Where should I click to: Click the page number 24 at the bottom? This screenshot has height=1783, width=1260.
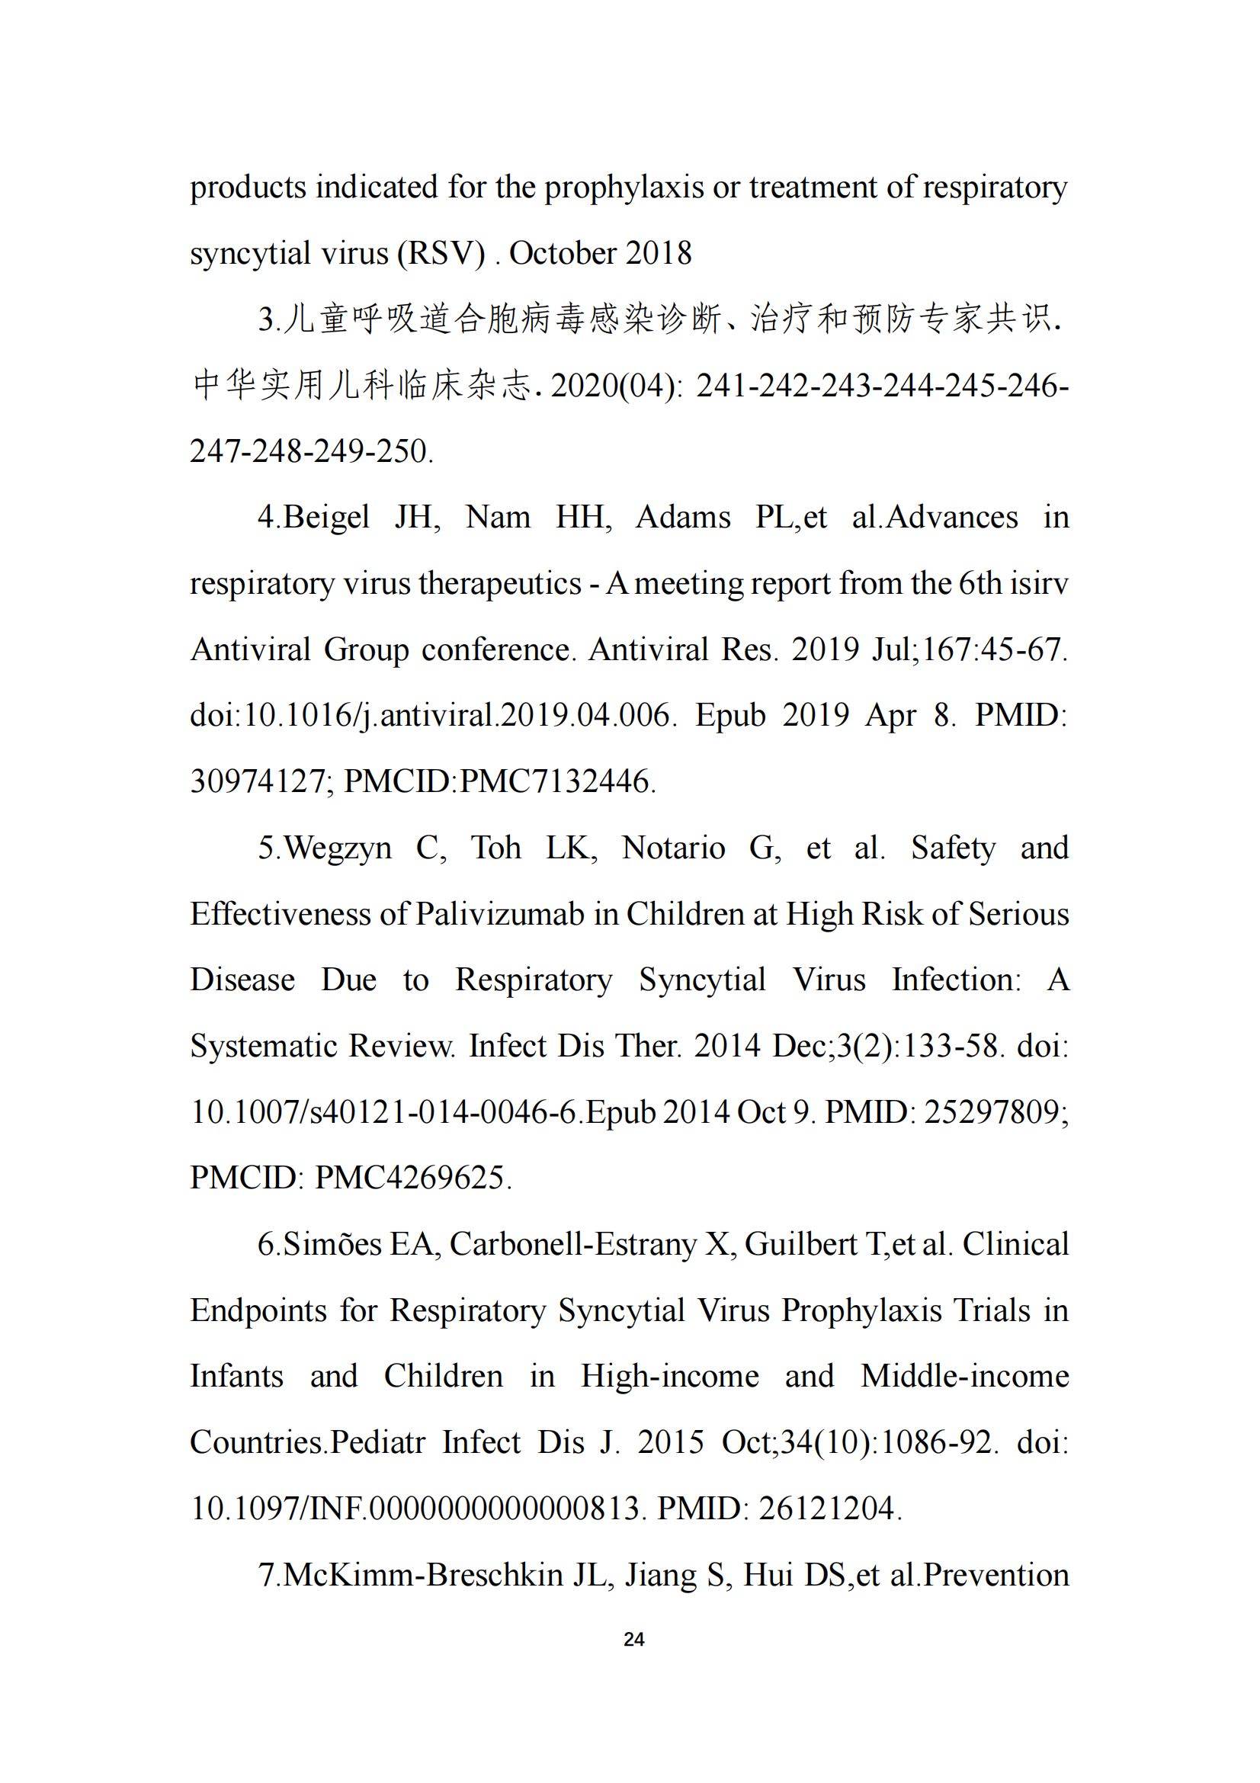click(x=633, y=1639)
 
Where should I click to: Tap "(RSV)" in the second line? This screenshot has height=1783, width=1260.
click(x=441, y=254)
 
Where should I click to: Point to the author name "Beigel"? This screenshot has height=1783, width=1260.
click(x=326, y=518)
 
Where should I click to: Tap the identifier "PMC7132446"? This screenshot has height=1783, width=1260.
click(x=557, y=782)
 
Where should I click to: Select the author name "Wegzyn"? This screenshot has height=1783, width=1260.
click(x=338, y=848)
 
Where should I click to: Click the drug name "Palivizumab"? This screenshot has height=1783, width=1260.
click(x=500, y=914)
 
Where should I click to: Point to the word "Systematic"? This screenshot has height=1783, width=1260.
click(x=263, y=1046)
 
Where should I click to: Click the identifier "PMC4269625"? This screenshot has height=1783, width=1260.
click(x=413, y=1178)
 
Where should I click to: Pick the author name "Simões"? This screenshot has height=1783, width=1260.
click(x=332, y=1244)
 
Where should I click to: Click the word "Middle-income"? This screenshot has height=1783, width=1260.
click(x=964, y=1376)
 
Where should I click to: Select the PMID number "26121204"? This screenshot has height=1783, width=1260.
click(x=829, y=1508)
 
